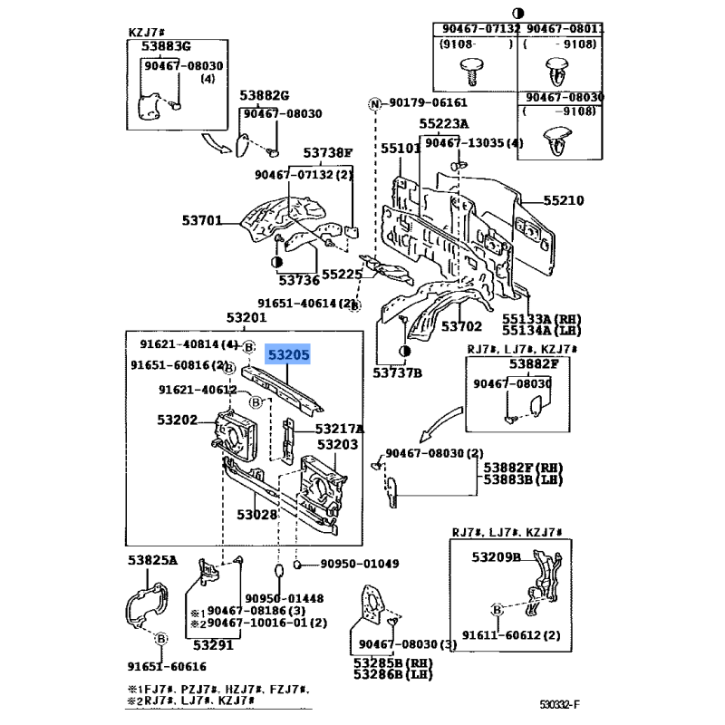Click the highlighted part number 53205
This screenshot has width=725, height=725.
pos(288,354)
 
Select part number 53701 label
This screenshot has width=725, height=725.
pos(201,220)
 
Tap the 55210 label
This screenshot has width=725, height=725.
pos(563,200)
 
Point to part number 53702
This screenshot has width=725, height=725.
pos(461,326)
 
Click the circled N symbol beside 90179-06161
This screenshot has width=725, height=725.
pos(374,104)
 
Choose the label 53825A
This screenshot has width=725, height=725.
pos(152,560)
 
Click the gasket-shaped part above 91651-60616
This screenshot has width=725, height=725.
pos(147,605)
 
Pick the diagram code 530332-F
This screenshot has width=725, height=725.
pos(559,705)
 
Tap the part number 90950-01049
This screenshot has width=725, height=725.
pos(359,564)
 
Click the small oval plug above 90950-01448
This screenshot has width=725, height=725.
pos(279,570)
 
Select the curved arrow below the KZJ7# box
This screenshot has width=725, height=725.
pos(216,143)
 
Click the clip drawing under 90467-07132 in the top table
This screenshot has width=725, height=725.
pos(470,72)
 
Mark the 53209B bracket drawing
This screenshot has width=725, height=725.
pos(545,582)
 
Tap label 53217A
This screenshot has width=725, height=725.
pos(339,429)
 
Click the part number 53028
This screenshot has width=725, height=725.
pos(256,515)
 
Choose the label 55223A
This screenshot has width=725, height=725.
pos(444,124)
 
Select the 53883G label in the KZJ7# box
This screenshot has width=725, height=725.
pos(166,46)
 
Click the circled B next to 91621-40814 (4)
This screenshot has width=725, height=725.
pos(248,347)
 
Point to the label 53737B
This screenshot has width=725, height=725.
pos(398,372)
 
